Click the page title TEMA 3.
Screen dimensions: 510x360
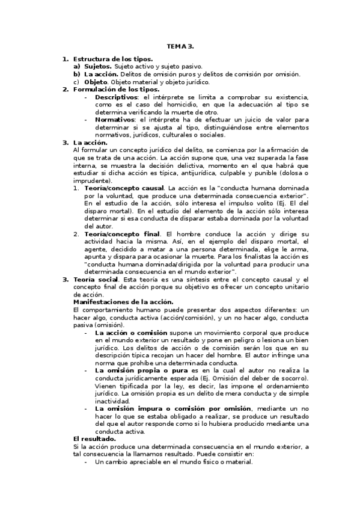(x=180, y=45)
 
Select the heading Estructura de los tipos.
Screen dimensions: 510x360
(x=113, y=59)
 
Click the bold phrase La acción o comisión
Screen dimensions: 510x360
(x=131, y=333)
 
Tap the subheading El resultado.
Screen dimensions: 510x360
(x=94, y=439)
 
